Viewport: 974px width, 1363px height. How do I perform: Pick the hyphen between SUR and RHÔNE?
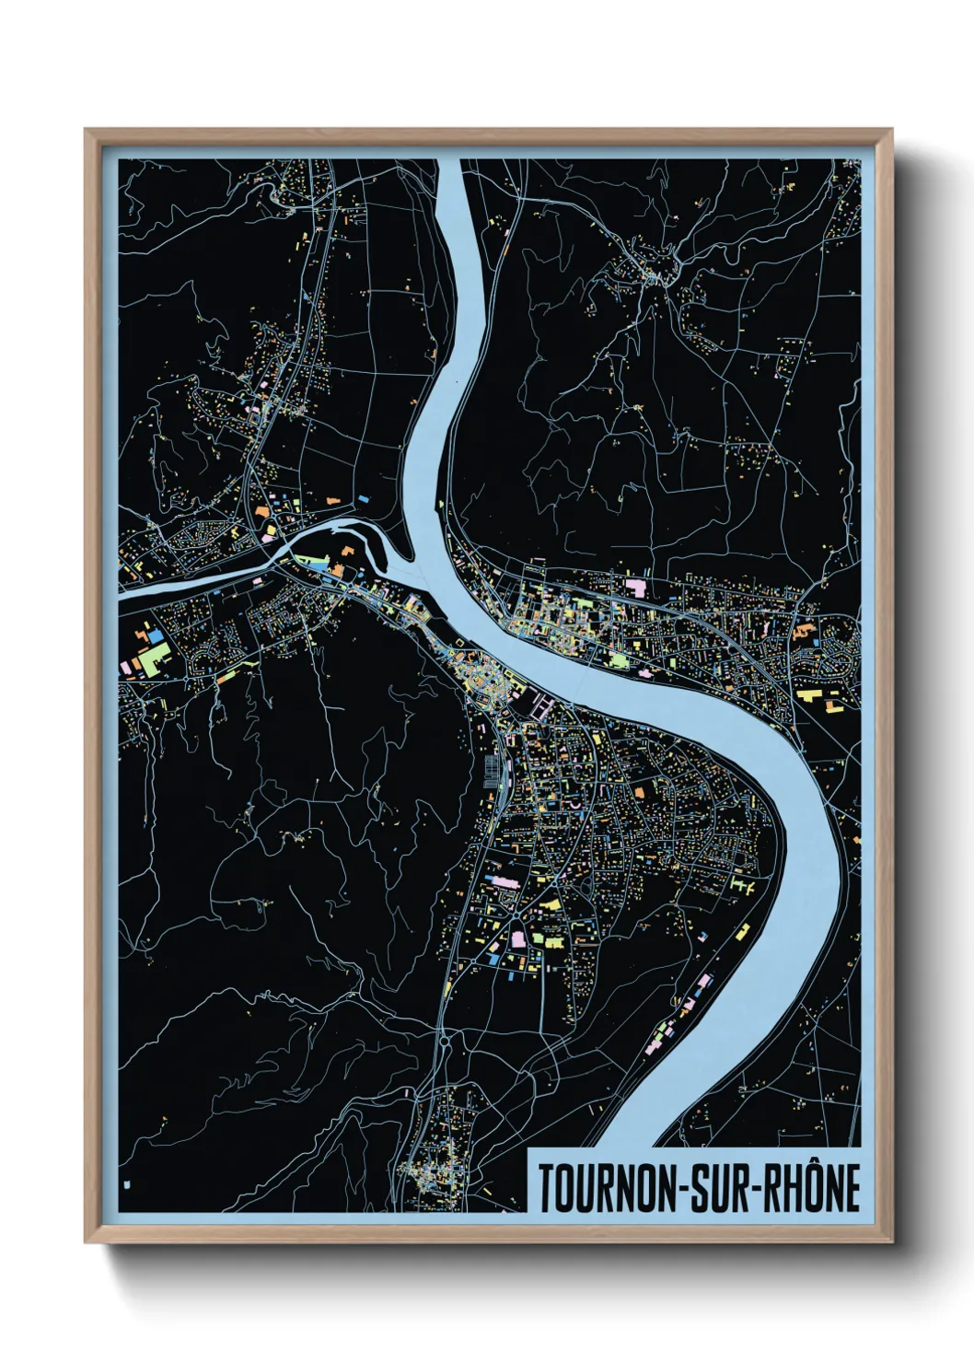pyautogui.click(x=754, y=1190)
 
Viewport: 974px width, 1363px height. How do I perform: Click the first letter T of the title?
pyautogui.click(x=545, y=1188)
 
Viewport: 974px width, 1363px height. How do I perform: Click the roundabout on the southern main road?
pyautogui.click(x=446, y=1042)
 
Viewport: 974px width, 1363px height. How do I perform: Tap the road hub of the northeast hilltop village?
pyautogui.click(x=655, y=275)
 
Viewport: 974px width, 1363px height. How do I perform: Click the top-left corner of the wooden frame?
pyautogui.click(x=87, y=131)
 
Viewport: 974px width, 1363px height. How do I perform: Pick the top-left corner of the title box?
pyautogui.click(x=528, y=1148)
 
